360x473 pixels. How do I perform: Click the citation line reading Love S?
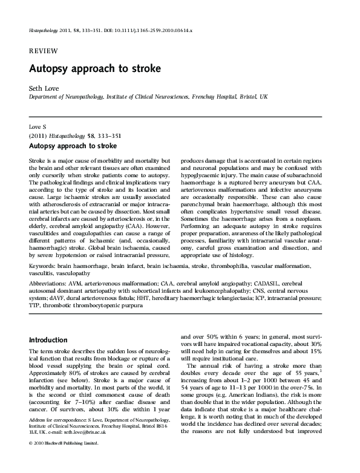point(38,128)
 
